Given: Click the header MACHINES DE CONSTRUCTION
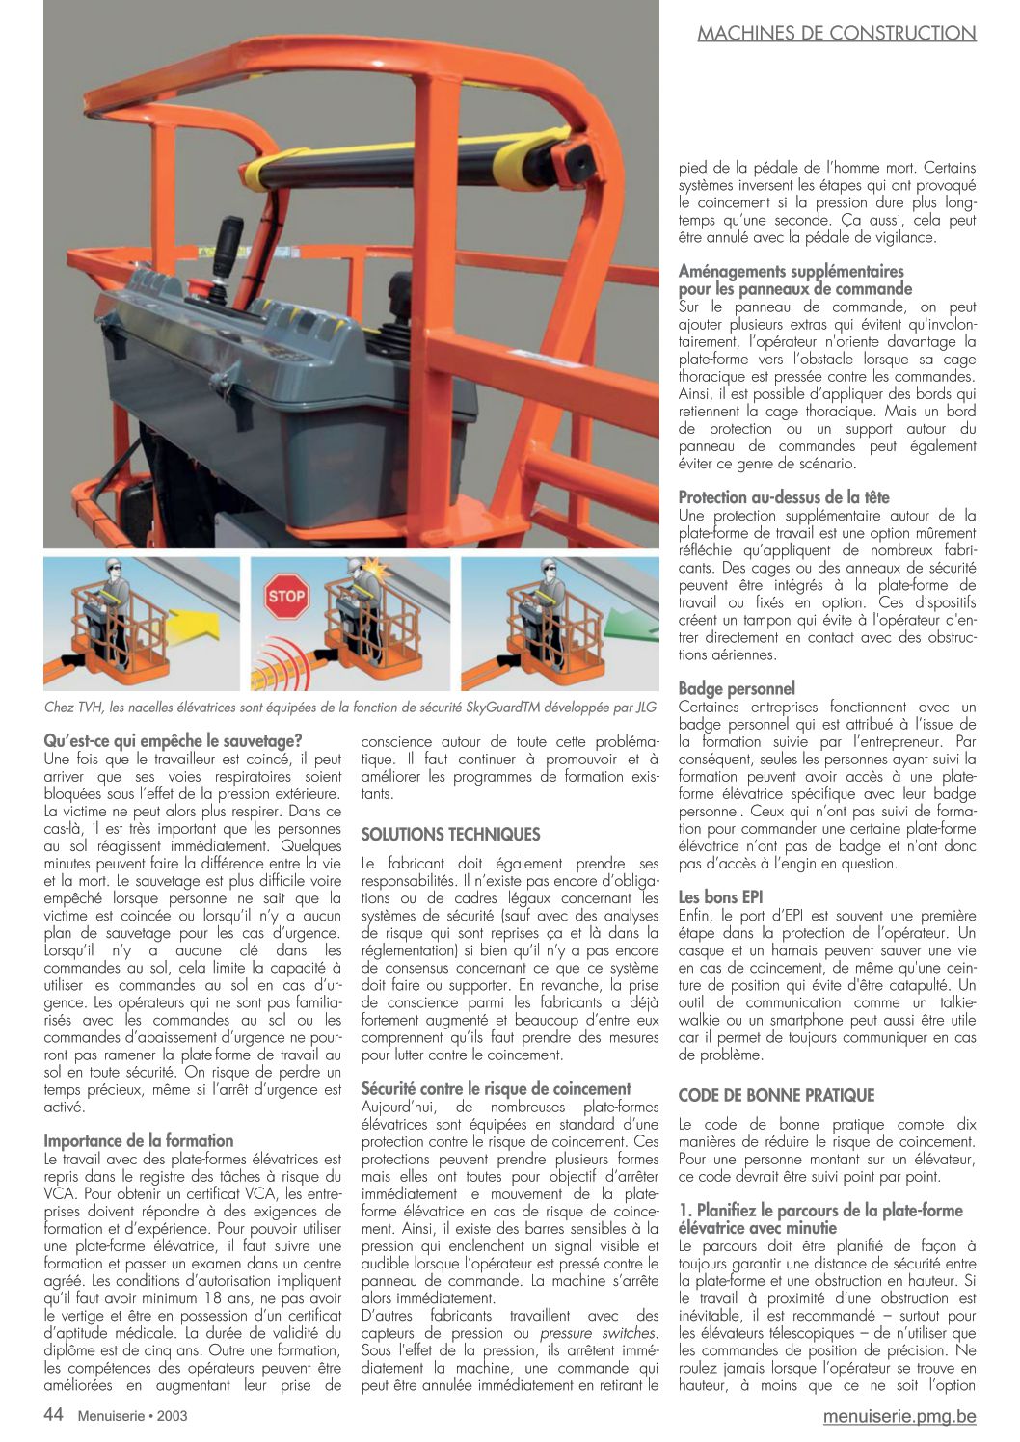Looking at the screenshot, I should (836, 34).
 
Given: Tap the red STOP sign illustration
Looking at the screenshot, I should (286, 596).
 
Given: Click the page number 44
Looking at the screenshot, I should (53, 1414).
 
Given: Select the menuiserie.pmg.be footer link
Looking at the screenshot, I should (899, 1415).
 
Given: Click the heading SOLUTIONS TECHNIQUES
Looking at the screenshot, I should (450, 834).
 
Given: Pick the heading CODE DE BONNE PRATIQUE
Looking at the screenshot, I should (776, 1095).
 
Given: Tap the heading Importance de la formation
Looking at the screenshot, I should (139, 1140).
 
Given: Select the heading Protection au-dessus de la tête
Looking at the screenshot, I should (784, 497).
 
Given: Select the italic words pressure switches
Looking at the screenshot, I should (598, 1333).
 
